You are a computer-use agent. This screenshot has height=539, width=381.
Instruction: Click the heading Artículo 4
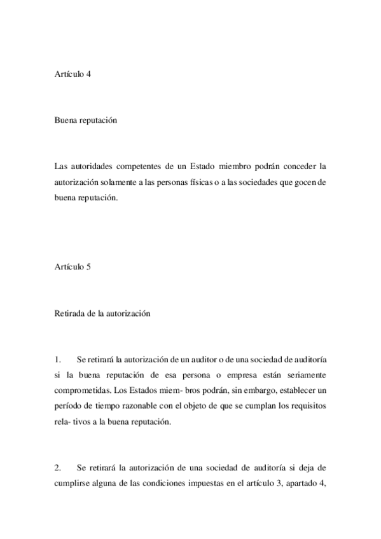click(x=73, y=74)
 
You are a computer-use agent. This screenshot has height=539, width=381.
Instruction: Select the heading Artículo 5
click(x=73, y=267)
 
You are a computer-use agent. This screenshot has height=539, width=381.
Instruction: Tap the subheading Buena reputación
click(x=87, y=120)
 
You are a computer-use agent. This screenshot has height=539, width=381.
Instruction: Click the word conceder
click(x=296, y=167)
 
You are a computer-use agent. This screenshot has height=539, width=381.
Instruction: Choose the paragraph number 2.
click(x=58, y=468)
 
